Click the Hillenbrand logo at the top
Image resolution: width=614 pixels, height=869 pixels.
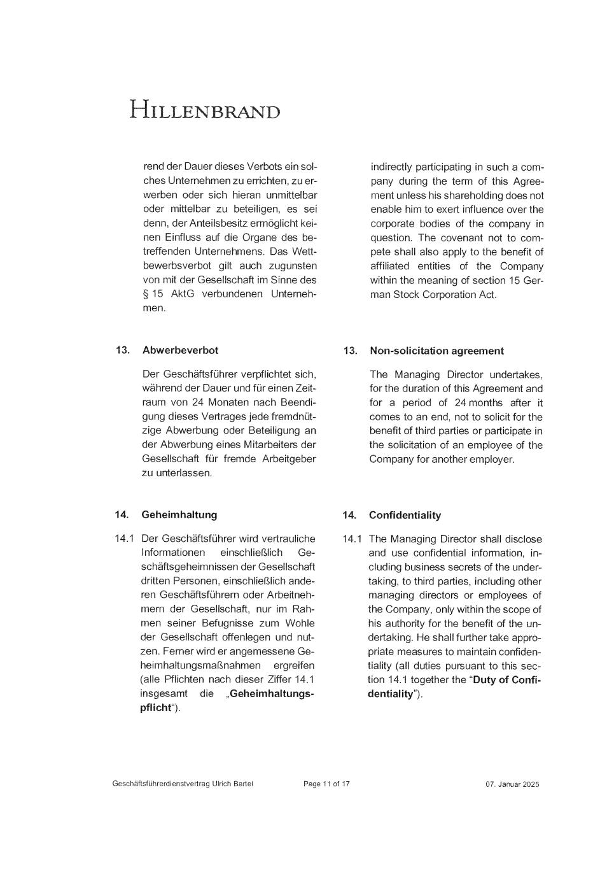[x=204, y=110]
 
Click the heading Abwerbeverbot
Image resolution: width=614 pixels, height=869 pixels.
[x=180, y=350]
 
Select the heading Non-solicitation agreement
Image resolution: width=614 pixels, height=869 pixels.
[x=436, y=351]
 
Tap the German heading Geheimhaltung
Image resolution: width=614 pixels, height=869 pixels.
[x=179, y=514]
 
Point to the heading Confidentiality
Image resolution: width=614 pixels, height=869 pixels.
[x=405, y=515]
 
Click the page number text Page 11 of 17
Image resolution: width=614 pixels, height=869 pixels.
[x=326, y=784]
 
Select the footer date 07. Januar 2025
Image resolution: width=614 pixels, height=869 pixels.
[x=512, y=784]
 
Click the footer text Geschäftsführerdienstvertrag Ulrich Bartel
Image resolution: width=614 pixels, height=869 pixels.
[x=183, y=784]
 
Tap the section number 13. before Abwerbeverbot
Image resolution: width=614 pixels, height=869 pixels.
[x=123, y=350]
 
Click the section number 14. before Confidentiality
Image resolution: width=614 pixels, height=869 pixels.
[x=349, y=515]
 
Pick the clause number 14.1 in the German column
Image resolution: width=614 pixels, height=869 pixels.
[x=124, y=539]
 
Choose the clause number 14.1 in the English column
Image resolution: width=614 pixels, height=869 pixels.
[x=352, y=539]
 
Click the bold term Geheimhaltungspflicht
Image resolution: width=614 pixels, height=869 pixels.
[x=272, y=694]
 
